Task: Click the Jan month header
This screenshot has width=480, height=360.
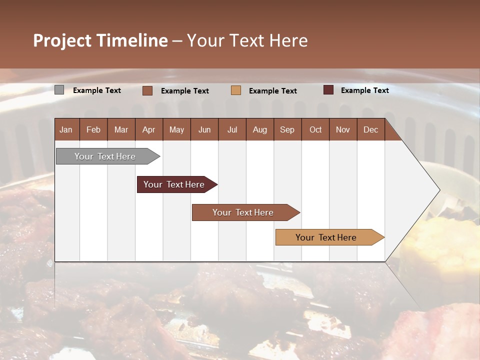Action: (66, 129)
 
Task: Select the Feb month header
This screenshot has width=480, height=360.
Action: (93, 129)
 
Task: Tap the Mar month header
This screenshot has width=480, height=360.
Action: (121, 129)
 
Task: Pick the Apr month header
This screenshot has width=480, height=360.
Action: (148, 129)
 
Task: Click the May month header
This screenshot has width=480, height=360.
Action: (176, 129)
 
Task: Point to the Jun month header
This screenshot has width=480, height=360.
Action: (204, 129)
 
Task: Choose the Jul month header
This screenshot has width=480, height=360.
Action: (232, 129)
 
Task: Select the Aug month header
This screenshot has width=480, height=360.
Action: (259, 129)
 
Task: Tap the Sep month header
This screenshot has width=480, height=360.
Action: (287, 129)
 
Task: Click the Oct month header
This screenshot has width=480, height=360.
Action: (315, 129)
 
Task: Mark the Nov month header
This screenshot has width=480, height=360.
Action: (343, 129)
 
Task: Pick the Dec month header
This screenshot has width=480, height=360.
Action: (370, 129)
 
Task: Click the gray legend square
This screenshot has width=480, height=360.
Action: (59, 90)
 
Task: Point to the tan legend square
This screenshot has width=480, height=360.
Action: (236, 90)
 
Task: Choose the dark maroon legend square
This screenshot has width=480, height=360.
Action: (328, 90)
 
